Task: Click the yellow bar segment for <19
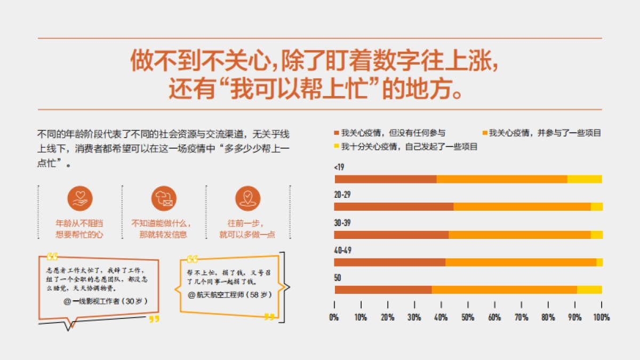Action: [585, 179]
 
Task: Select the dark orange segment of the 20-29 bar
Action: [394, 207]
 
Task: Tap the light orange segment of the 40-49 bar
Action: [521, 262]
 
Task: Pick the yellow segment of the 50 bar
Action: [589, 290]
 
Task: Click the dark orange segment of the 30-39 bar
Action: [391, 235]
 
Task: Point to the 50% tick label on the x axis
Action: [468, 317]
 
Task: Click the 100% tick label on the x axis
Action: [602, 317]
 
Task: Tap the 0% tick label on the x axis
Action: [334, 317]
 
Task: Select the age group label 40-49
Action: [342, 250]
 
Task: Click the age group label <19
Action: [339, 167]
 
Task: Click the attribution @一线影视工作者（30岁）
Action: [106, 301]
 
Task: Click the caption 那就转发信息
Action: [163, 235]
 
